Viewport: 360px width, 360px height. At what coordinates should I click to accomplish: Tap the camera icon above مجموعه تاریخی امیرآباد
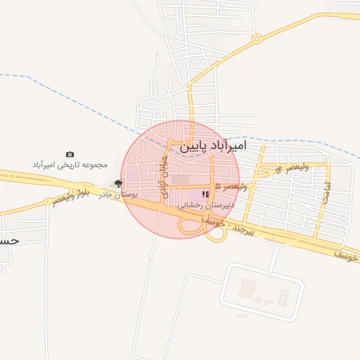[x=70, y=154]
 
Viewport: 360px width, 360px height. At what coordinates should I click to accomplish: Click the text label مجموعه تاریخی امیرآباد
[x=69, y=165]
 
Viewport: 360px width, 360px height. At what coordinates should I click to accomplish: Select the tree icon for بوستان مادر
[x=117, y=183]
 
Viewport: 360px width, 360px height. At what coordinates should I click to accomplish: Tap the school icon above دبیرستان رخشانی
[x=205, y=195]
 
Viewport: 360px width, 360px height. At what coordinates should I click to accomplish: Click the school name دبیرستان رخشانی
[x=205, y=206]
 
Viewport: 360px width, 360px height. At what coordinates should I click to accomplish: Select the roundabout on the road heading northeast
[x=257, y=38]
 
